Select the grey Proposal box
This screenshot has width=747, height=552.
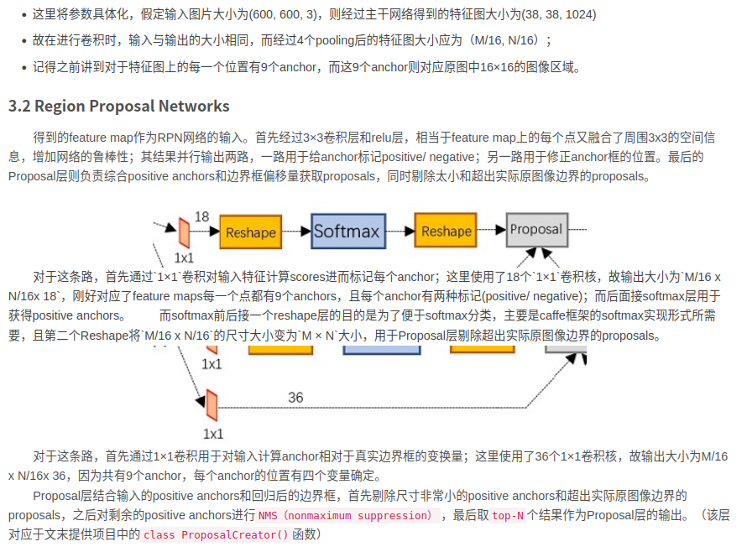536,230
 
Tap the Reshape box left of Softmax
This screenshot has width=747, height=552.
249,232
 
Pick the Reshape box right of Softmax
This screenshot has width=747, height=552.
446,232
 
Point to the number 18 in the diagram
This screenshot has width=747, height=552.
201,216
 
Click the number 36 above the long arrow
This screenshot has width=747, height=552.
295,398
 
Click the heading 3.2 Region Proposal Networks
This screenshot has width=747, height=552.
118,106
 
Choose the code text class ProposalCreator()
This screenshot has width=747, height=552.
216,534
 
